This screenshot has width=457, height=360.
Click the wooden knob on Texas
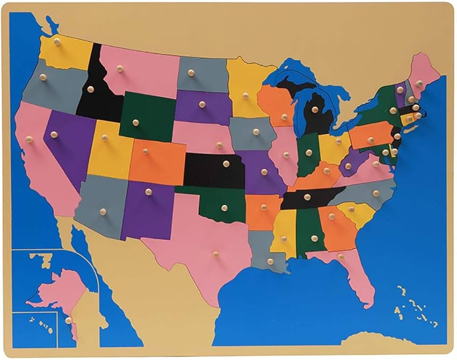[x=216, y=254]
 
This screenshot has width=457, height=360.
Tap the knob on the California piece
[x=29, y=139]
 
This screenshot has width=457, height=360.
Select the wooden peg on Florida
[x=340, y=257]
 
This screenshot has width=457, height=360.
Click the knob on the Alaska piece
[x=68, y=320]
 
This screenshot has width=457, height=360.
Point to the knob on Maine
[x=419, y=83]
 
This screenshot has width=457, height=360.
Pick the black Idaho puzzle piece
[x=97, y=97]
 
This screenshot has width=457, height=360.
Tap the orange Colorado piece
[x=158, y=161]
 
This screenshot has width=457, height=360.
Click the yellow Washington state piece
[x=66, y=51]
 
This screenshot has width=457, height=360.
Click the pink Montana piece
[x=138, y=72]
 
